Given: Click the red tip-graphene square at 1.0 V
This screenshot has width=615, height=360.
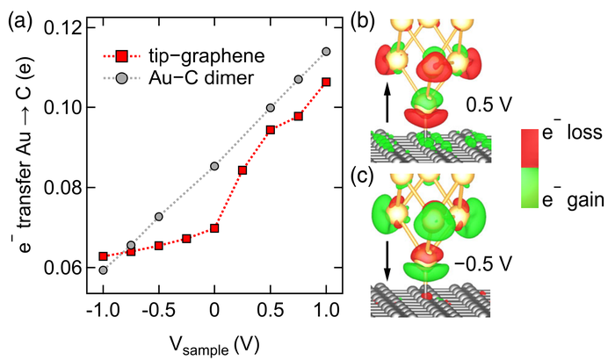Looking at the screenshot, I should point(326,82).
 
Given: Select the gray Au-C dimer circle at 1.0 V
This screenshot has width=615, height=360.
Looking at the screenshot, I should point(326,52).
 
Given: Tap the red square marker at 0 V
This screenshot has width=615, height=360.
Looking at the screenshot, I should point(214,228).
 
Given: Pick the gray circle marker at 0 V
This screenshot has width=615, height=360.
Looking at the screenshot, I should point(214,166).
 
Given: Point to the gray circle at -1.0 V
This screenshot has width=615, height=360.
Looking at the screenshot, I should point(103,270).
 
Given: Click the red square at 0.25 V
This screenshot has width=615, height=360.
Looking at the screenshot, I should point(242,169).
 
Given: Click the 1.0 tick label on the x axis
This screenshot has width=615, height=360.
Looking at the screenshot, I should point(327,313).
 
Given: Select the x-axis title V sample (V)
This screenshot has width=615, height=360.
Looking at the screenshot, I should point(215,342).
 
